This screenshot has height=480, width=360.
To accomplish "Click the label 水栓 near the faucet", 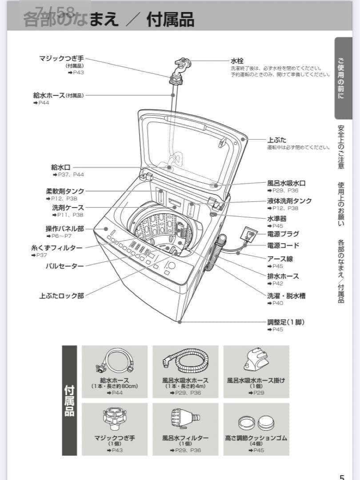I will click(x=237, y=60).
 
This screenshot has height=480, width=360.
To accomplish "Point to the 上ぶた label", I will click(x=276, y=140).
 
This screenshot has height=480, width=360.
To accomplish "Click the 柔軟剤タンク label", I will click(x=64, y=191).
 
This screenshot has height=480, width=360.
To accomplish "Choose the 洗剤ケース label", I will click(x=68, y=208).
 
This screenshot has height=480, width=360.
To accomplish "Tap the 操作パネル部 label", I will click(x=64, y=228).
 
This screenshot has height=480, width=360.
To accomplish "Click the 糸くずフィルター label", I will click(x=56, y=248).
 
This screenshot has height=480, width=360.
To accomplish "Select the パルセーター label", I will click(x=64, y=266).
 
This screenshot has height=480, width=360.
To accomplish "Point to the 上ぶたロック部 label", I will click(x=61, y=295).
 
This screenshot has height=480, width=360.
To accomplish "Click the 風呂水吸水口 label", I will click(x=286, y=183).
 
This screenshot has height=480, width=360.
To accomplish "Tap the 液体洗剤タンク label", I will click(x=289, y=200).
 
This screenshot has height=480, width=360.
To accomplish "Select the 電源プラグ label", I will click(x=283, y=234).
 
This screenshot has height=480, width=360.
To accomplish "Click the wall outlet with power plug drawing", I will click(x=248, y=234).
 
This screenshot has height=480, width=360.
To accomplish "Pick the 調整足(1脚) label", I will click(x=286, y=322).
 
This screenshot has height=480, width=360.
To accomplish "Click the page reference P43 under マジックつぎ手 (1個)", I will click(x=115, y=451).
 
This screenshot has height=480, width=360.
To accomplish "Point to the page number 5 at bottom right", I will click(x=342, y=476).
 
